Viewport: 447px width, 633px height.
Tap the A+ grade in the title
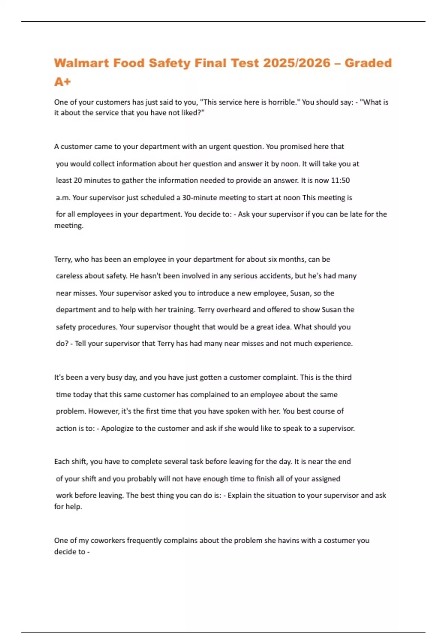(x=62, y=82)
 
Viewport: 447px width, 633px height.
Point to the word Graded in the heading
(x=368, y=63)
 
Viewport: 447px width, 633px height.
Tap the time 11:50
(x=340, y=181)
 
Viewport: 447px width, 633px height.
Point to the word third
(x=343, y=377)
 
